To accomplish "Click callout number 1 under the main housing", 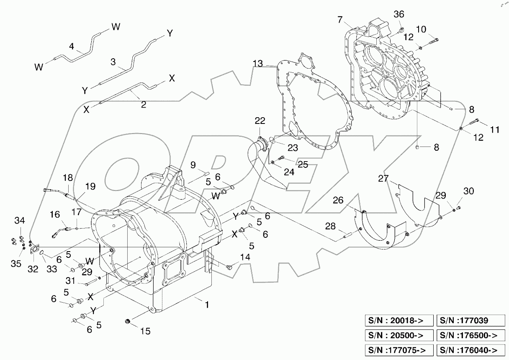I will pos(206,305).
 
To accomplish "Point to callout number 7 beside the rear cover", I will pos(340,19).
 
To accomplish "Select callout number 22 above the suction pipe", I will pos(260,121).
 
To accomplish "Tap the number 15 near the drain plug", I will pos(145,331).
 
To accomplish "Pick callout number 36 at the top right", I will pos(399,14).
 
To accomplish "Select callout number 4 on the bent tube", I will pos(72,47).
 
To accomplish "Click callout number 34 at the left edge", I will pos(20,220).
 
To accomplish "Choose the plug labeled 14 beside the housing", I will pos(229,266).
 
